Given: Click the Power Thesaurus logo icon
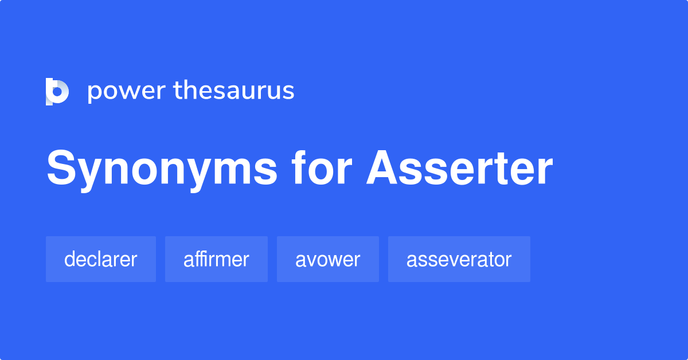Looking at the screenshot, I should click(57, 91).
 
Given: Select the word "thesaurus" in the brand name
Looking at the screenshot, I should click(234, 91).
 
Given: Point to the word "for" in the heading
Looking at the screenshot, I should click(321, 169).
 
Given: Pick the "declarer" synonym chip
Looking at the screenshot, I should click(100, 259).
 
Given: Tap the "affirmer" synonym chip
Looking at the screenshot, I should click(216, 259).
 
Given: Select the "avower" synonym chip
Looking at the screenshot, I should click(327, 259).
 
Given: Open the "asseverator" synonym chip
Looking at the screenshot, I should click(459, 259).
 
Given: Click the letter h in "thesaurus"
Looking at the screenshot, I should click(189, 90).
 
